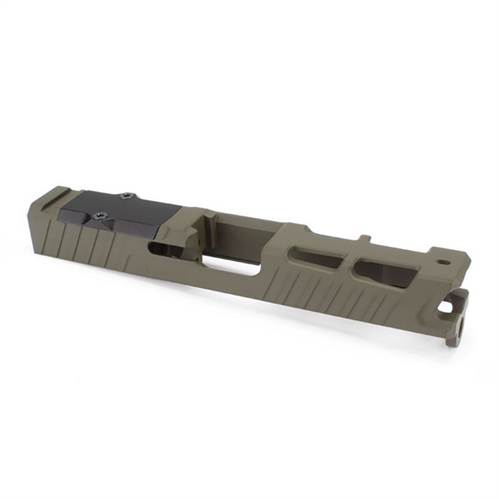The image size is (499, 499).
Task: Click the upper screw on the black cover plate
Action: pyautogui.click(x=125, y=196)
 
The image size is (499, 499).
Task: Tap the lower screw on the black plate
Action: pyautogui.click(x=100, y=215)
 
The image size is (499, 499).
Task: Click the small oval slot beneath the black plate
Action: pyautogui.click(x=160, y=249)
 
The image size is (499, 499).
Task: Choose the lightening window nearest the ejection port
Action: pyautogui.click(x=312, y=257)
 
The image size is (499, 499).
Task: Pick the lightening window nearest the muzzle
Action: pyautogui.click(x=385, y=272)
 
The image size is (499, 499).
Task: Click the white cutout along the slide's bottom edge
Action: pyautogui.click(x=232, y=269)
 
